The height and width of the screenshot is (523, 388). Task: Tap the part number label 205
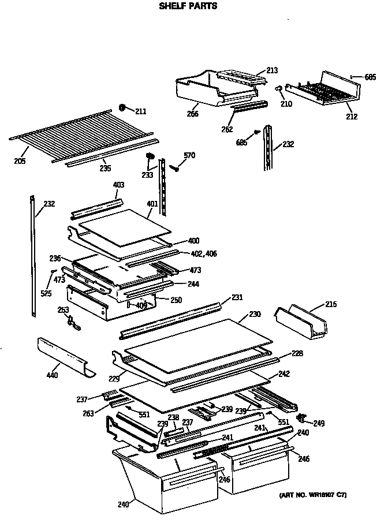click(x=20, y=161)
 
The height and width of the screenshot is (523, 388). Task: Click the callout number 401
click(x=152, y=203)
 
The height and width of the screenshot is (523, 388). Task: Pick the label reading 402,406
click(x=203, y=253)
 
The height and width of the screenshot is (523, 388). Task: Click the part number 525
click(x=46, y=293)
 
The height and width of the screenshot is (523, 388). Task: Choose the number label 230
click(x=255, y=314)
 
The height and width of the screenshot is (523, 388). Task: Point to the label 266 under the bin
click(x=192, y=114)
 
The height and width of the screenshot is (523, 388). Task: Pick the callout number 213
click(x=272, y=70)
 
